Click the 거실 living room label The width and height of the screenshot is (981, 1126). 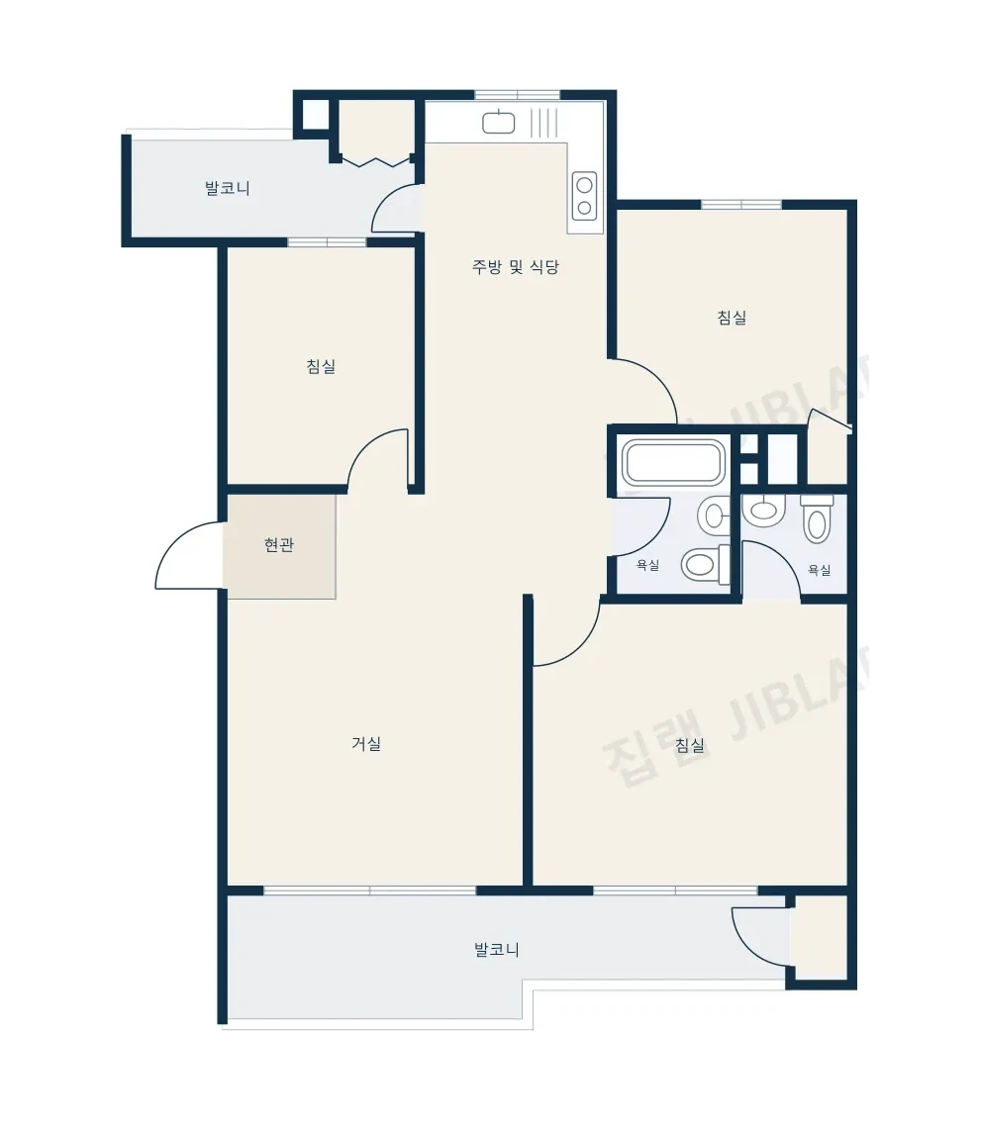tap(366, 743)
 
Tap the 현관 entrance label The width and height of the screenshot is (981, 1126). tap(279, 545)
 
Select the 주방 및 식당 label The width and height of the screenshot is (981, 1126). tap(516, 267)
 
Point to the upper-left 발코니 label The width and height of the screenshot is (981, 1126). tap(227, 189)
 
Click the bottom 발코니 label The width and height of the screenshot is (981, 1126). tap(497, 949)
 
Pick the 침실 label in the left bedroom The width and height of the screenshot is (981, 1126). tap(322, 366)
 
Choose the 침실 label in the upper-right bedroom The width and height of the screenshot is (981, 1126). tap(732, 317)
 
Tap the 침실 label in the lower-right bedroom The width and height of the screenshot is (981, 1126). tap(690, 745)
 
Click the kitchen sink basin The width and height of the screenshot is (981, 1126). tap(498, 122)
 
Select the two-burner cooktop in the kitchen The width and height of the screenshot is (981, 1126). tap(585, 196)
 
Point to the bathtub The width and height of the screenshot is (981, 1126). tap(673, 462)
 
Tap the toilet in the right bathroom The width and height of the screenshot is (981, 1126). tap(817, 517)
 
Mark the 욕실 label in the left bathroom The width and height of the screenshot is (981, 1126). tap(647, 565)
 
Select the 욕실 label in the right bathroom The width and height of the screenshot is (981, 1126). tap(820, 570)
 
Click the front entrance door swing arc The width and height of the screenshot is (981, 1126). tap(172, 546)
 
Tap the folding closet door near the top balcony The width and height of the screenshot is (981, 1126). tap(376, 161)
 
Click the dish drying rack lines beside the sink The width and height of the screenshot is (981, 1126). tap(544, 122)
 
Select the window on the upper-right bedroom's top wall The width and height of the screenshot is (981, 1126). tap(741, 205)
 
